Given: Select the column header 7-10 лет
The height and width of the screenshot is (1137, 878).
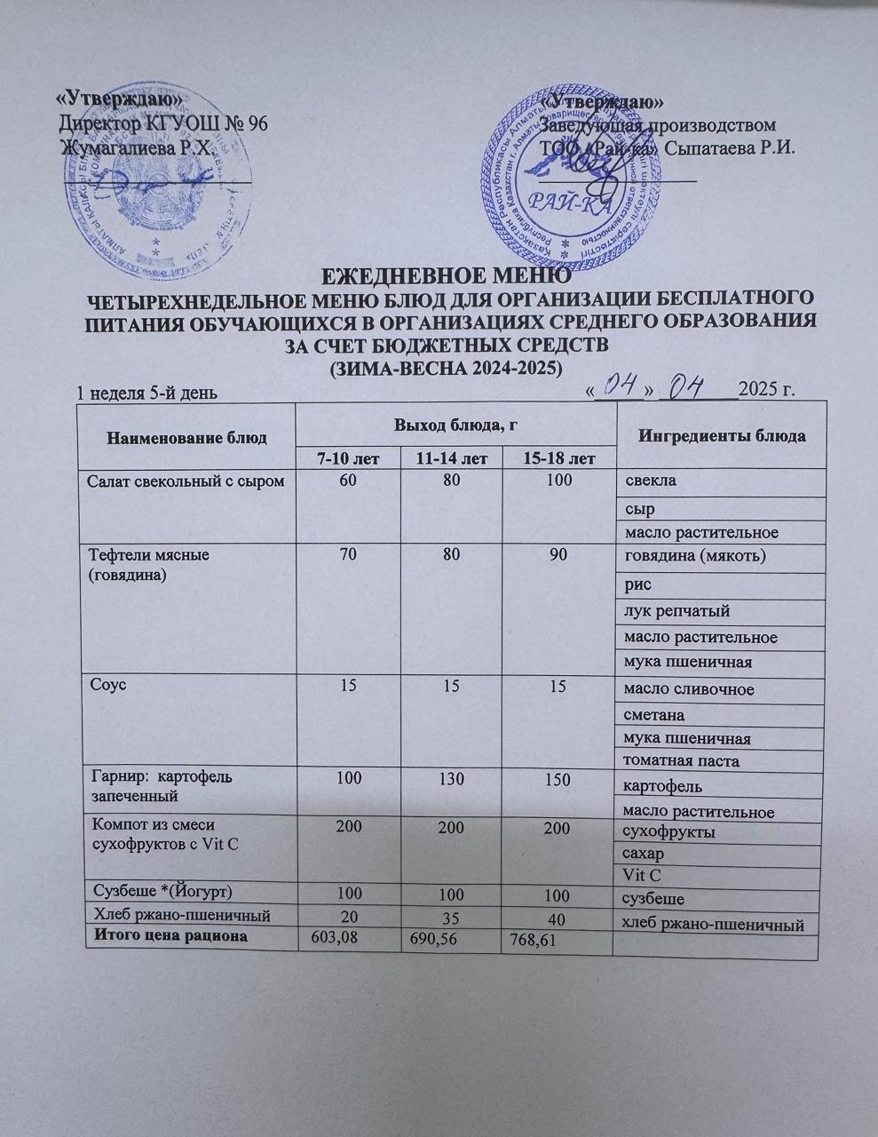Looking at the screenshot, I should click(x=347, y=458).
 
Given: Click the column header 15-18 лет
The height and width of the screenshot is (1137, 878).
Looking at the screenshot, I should click(x=558, y=458).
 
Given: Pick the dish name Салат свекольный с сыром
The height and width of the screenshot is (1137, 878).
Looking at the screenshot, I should click(x=186, y=481).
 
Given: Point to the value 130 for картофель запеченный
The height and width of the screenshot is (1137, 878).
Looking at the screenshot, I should click(x=451, y=779).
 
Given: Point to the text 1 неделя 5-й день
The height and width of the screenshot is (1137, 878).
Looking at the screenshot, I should click(x=146, y=392).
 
